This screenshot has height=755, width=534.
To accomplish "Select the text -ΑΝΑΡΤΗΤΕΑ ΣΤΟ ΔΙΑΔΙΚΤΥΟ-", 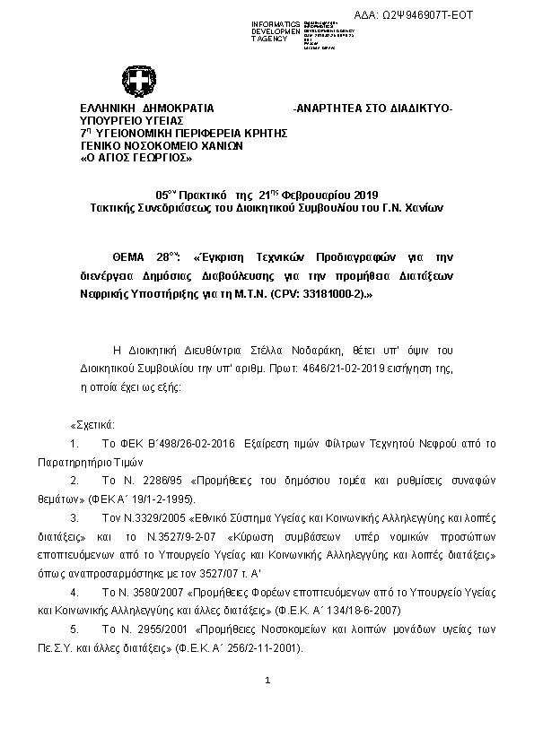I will [x=373, y=108].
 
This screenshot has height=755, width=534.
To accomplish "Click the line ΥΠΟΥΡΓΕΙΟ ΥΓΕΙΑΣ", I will [x=132, y=120].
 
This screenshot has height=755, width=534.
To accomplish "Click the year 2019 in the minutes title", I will [x=366, y=195].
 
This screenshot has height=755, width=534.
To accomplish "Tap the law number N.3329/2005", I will [x=152, y=518].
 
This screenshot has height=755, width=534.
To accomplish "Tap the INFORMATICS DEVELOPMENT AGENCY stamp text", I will [x=269, y=30].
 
